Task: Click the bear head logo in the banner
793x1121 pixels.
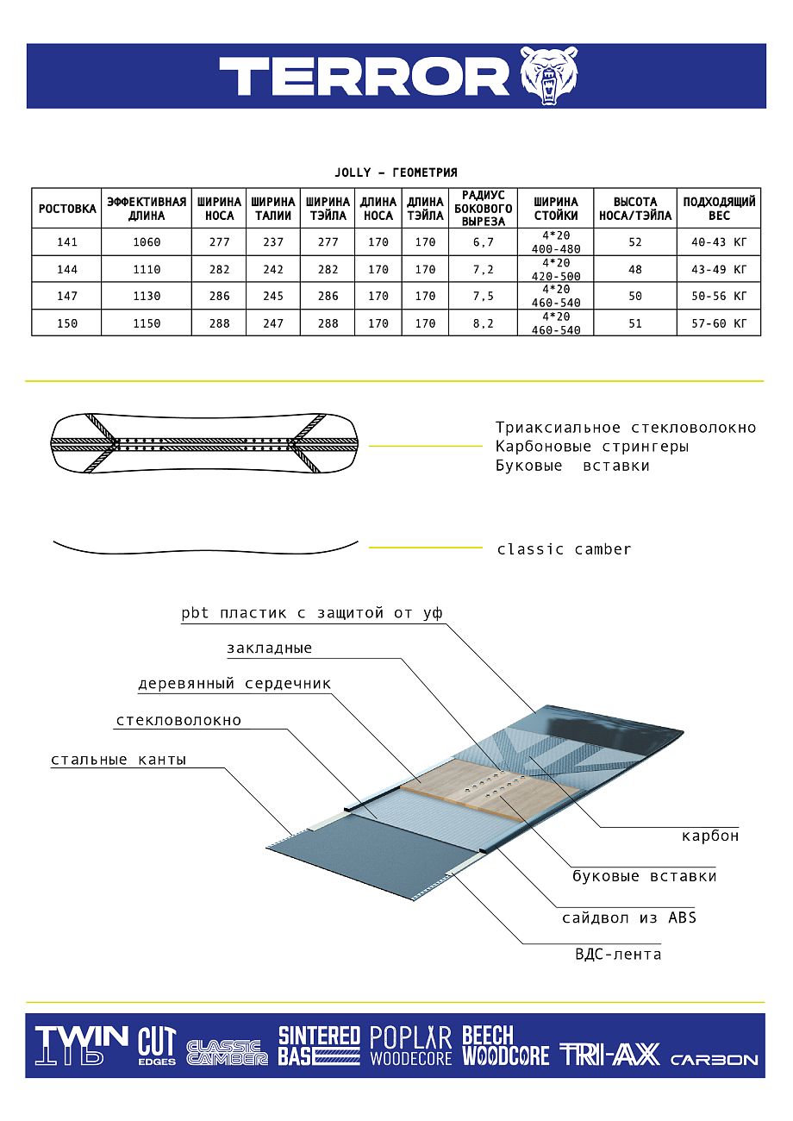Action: point(549,76)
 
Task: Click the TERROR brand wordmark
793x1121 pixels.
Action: point(365,76)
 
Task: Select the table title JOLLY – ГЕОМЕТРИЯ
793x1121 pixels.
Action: point(396,172)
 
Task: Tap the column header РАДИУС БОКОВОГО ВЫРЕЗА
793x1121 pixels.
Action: point(483,208)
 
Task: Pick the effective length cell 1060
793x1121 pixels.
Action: point(147,242)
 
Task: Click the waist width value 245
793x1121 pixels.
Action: point(273,297)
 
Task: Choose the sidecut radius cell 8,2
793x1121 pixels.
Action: point(484,323)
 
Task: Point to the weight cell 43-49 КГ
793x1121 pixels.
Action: point(719,270)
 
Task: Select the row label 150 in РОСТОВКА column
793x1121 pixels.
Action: point(67,323)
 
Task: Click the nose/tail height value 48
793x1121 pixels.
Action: point(635,270)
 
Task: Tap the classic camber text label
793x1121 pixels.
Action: point(564,549)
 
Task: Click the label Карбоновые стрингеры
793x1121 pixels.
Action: point(592,447)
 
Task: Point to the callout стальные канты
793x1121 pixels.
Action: point(119,760)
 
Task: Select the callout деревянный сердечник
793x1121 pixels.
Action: point(234,684)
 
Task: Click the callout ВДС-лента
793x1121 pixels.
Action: point(618,955)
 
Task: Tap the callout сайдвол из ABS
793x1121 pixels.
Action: point(629,917)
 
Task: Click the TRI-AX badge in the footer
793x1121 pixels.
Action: point(609,1055)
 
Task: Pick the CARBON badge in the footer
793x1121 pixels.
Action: point(714,1060)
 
